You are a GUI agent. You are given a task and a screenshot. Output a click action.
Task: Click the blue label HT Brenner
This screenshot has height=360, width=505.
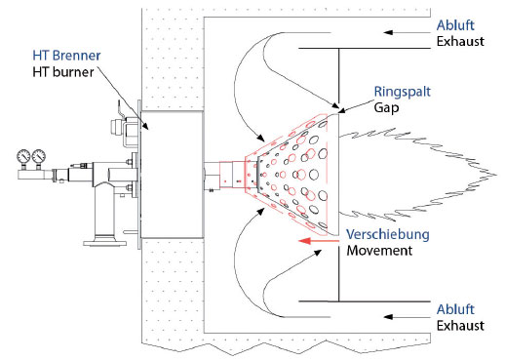tap(66, 56)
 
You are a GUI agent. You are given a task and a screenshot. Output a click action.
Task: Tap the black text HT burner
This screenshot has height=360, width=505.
tap(63, 72)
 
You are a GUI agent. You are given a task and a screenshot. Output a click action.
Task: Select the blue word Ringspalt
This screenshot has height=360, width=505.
tap(403, 92)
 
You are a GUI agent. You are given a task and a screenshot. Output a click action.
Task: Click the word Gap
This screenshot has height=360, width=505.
tap(386, 107)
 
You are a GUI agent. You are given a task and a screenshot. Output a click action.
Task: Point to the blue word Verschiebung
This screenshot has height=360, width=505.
tap(388, 234)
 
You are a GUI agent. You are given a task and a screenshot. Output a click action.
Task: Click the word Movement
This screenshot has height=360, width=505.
tap(379, 251)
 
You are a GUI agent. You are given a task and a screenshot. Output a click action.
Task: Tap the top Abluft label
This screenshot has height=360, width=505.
tap(455, 25)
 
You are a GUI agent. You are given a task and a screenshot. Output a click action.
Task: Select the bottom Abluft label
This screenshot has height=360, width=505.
tap(455, 309)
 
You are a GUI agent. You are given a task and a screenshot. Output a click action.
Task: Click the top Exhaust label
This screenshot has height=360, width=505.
tap(460, 41)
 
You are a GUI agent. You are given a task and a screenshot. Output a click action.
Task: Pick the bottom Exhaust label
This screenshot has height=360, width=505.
tap(460, 326)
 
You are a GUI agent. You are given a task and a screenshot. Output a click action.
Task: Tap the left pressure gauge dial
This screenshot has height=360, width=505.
tap(23, 156)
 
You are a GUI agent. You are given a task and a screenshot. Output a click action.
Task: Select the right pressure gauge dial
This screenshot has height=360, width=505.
tap(39, 156)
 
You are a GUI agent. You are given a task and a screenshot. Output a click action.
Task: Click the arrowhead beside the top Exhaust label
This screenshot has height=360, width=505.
tap(388, 32)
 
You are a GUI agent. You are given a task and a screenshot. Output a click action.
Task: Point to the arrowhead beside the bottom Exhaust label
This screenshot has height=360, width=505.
tap(388, 317)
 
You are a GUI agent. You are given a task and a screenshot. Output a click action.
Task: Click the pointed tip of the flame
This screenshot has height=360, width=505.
tap(497, 176)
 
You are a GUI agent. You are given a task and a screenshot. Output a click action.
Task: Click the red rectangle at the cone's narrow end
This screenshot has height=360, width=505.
tap(232, 175)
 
